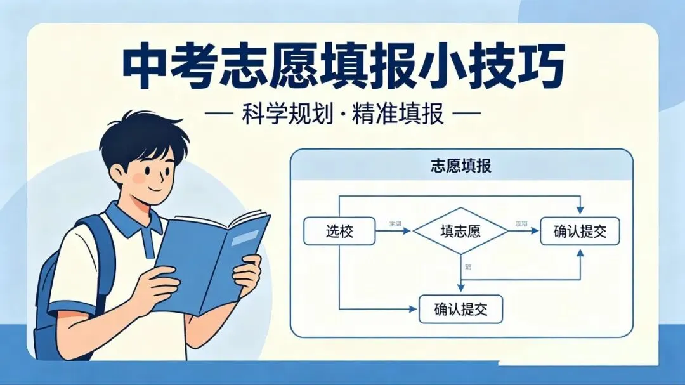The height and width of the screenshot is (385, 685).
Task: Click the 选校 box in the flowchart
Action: (x=339, y=232)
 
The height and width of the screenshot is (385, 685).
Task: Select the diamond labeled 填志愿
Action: (x=460, y=232)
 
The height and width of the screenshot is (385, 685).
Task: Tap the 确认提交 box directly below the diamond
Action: (x=460, y=310)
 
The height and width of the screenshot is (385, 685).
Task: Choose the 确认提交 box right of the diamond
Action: (x=580, y=232)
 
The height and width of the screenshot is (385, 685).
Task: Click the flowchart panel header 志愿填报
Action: (x=461, y=167)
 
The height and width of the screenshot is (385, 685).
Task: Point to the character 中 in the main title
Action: (x=147, y=67)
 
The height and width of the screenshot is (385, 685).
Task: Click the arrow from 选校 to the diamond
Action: (x=393, y=232)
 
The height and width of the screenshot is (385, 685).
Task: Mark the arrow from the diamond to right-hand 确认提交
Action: (x=524, y=232)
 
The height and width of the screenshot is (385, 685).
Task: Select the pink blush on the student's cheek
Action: (x=139, y=179)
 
